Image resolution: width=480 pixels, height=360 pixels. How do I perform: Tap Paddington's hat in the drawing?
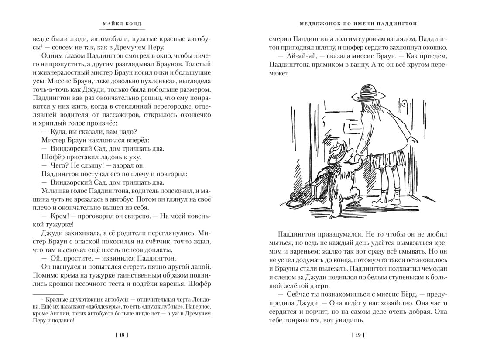pyautogui.click(x=336, y=151)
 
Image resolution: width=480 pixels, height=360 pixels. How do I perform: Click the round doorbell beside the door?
pyautogui.click(x=405, y=104)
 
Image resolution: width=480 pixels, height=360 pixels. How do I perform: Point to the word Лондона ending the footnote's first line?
pyautogui.click(x=199, y=298)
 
